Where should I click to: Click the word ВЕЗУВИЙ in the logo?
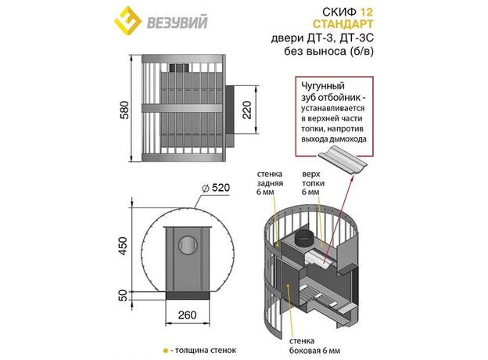[177, 23]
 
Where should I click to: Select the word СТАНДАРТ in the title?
[343, 24]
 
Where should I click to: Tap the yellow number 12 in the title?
[366, 12]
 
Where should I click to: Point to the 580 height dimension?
[124, 110]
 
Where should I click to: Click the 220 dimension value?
[246, 110]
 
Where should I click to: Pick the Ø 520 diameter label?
[216, 188]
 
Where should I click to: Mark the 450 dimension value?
[124, 246]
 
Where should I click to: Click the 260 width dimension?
[187, 315]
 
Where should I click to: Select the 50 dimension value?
[124, 295]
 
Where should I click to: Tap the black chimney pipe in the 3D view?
[304, 238]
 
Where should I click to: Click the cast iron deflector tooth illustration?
[343, 159]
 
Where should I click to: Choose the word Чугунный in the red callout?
[323, 85]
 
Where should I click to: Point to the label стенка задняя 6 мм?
[270, 183]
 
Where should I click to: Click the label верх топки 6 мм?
[313, 183]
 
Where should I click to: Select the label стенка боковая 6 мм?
[314, 346]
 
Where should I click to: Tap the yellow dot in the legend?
[166, 351]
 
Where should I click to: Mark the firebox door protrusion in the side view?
[229, 110]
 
